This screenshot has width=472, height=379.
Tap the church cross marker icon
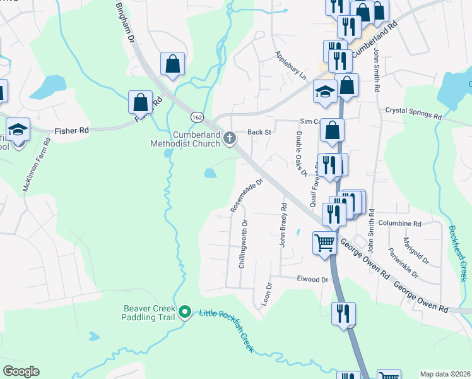click(230, 138)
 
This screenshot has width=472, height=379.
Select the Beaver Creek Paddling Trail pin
click(185, 311)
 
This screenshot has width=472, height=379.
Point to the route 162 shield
click(197, 117)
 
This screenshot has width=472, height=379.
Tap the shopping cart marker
click(324, 242)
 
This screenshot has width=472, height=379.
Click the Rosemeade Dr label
click(246, 193)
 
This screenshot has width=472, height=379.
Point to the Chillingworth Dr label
click(242, 244)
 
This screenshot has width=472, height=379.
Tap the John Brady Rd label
click(283, 225)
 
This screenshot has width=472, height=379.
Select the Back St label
click(259, 132)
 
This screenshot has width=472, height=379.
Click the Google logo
click(21, 371)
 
